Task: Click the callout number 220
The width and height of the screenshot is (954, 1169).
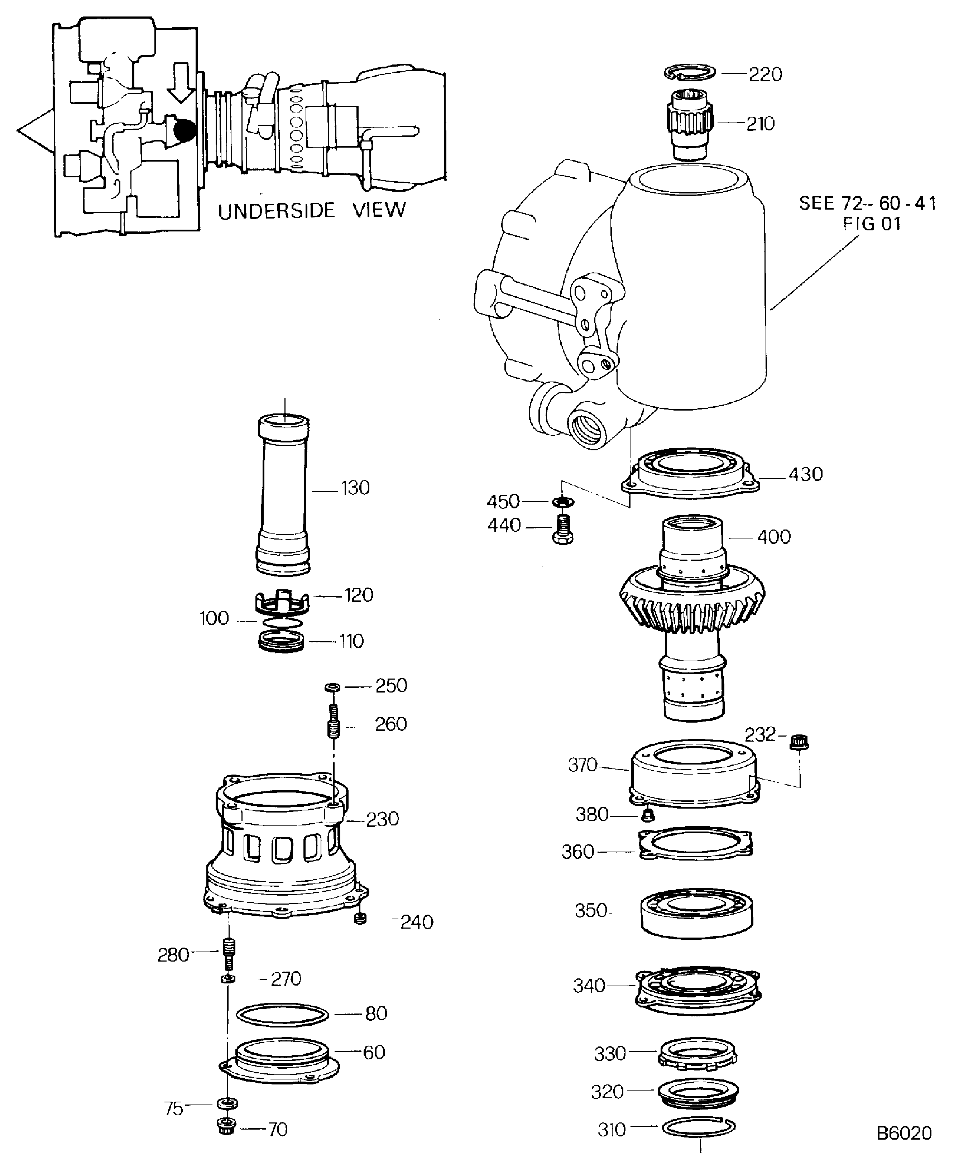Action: [x=766, y=75]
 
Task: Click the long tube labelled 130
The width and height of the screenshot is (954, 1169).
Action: [x=284, y=495]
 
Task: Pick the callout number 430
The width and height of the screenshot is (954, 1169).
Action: [x=806, y=474]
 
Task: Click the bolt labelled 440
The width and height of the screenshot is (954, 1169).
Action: [x=562, y=529]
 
